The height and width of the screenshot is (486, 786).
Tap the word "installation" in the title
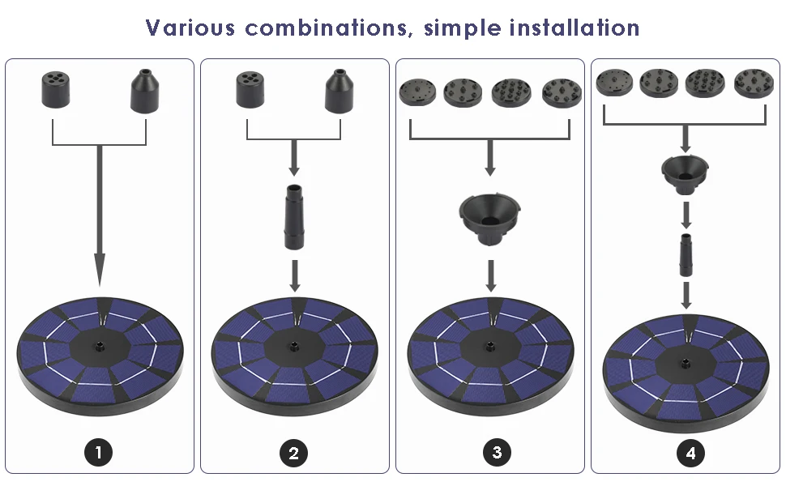click(x=574, y=28)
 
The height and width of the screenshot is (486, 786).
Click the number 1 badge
click(x=99, y=453)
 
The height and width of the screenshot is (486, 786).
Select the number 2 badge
click(x=294, y=453)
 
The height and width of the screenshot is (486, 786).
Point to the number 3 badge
click(x=490, y=453)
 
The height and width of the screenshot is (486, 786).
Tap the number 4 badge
click(x=690, y=453)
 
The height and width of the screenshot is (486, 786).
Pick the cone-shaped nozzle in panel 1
click(x=144, y=91)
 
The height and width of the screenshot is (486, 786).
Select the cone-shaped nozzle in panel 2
click(x=339, y=91)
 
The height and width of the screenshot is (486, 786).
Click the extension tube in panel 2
click(x=294, y=217)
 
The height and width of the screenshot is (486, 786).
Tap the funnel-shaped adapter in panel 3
click(x=489, y=219)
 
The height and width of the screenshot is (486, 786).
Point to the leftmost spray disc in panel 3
click(x=417, y=92)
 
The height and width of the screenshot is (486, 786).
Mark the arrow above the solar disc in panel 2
click(x=294, y=275)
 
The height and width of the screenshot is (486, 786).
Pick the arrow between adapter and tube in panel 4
click(x=686, y=215)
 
